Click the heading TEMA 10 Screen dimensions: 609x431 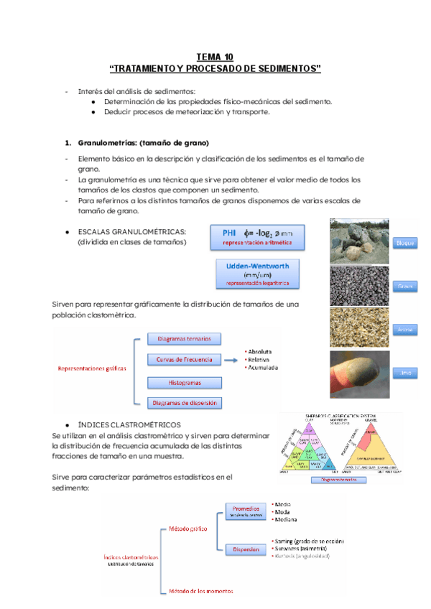pos(215,57)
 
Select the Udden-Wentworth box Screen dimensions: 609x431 pos(257,274)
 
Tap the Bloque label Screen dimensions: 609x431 pos(406,243)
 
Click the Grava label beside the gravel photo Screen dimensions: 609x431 pos(406,287)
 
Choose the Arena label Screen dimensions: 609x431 pos(406,330)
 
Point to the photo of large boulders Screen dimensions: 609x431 pos(359,241)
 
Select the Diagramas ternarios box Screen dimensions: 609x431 pos(185,339)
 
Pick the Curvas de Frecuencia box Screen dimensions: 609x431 pos(185,359)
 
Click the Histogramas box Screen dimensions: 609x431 pos(185,383)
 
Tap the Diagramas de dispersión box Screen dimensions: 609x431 pos(185,403)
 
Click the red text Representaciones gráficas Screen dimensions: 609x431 pos(92,368)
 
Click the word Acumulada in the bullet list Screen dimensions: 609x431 pos(262,368)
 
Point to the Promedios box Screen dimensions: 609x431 pos(246,511)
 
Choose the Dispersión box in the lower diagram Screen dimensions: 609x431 pos(246,550)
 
